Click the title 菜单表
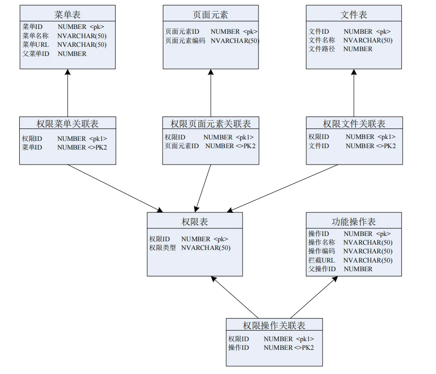point(67,14)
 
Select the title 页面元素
point(210,14)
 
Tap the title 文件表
point(354,14)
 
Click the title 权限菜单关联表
point(68,124)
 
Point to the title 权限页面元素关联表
point(211,124)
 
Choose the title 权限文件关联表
point(354,124)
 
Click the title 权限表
point(195,222)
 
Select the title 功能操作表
point(354,222)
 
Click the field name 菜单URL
point(35,45)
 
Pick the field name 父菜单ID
point(36,54)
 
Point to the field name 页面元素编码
point(185,41)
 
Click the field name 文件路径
point(322,49)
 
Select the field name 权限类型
point(163,248)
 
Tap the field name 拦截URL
point(322,260)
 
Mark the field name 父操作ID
point(322,269)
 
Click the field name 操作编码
point(322,251)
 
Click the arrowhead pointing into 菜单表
point(68,72)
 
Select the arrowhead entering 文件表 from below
point(354,72)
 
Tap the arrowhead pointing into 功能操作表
point(334,279)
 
